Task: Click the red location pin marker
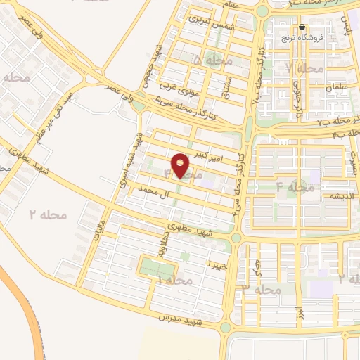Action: tap(181, 165)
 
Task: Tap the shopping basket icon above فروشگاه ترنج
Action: tap(302, 28)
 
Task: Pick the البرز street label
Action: tap(300, 310)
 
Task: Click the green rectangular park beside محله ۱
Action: tap(155, 268)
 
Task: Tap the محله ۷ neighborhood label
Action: tap(304, 68)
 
